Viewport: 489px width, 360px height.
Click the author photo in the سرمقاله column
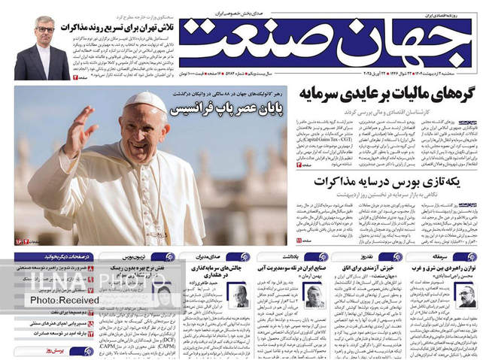click(467, 295)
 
